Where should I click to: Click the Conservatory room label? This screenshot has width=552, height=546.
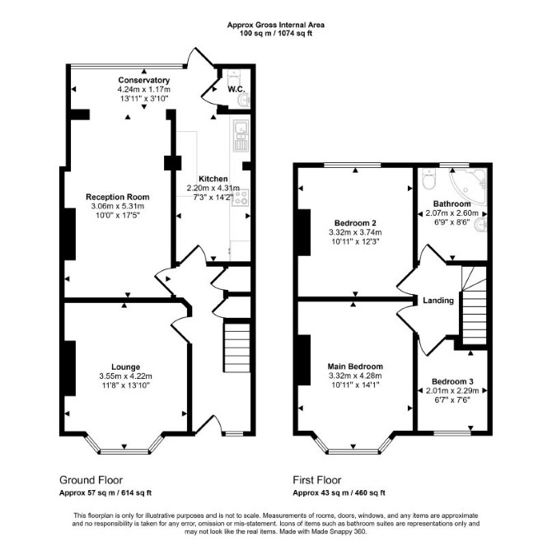click(x=143, y=80)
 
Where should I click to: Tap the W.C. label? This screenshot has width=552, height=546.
click(x=236, y=90)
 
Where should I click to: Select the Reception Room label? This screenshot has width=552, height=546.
click(x=118, y=197)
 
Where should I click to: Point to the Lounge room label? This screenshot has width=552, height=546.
click(x=126, y=367)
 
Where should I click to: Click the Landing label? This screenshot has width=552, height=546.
click(x=438, y=301)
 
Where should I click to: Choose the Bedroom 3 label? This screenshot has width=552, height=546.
click(x=452, y=382)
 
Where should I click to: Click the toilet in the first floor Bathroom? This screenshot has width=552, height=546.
click(x=428, y=179)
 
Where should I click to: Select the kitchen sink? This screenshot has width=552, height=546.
click(x=241, y=135)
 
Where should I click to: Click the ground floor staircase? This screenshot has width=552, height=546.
click(x=237, y=348)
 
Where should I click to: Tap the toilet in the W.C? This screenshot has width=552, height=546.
click(x=233, y=79)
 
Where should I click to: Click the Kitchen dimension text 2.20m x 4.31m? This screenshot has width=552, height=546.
click(x=213, y=189)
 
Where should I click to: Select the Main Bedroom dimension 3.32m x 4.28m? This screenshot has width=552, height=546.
click(x=355, y=376)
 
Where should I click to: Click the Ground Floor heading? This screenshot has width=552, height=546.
click(x=91, y=480)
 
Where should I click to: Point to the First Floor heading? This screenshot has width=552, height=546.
click(x=317, y=480)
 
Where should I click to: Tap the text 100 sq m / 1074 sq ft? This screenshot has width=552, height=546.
click(x=276, y=34)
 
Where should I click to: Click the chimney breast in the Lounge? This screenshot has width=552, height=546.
click(x=70, y=368)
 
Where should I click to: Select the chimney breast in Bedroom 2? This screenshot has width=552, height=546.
click(x=305, y=232)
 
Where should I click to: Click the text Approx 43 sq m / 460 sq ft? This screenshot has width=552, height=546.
click(x=339, y=492)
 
